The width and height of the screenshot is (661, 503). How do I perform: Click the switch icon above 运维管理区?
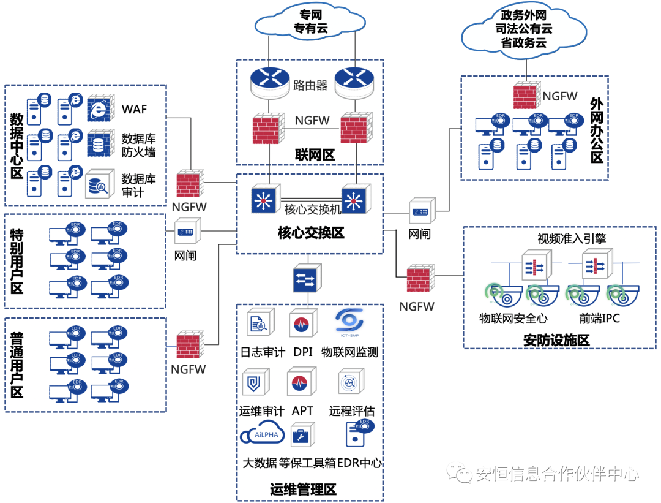(x=306, y=279)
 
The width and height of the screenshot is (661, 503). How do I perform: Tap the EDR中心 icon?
(x=359, y=436)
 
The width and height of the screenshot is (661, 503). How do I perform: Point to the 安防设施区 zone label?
(x=556, y=340)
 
